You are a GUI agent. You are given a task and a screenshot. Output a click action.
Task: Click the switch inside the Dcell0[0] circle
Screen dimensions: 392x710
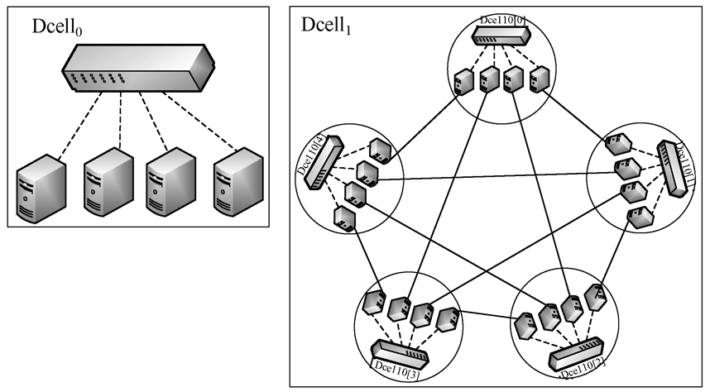click(500, 35)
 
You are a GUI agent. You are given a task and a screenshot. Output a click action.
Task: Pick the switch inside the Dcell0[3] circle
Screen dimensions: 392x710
click(401, 354)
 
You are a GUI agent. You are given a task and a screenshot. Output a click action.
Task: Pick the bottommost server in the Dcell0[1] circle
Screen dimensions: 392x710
click(638, 218)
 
